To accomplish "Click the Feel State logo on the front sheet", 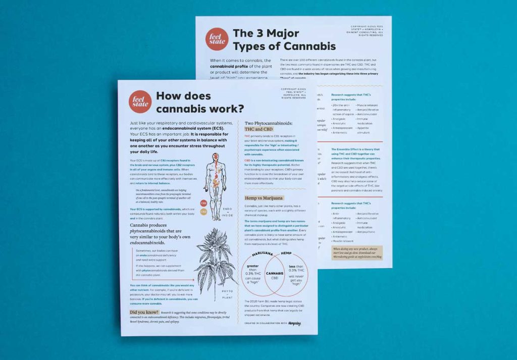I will pyautogui.click(x=140, y=101).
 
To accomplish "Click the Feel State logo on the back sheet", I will pyautogui.click(x=217, y=39).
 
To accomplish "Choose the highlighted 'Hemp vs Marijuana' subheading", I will pyautogui.click(x=264, y=198).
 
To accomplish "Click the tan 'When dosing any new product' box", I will pyautogui.click(x=357, y=253).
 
